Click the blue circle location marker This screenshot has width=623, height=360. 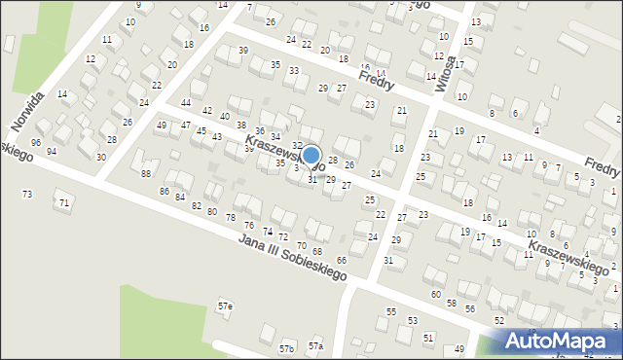(x=311, y=155)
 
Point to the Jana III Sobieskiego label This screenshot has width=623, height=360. (x=293, y=259)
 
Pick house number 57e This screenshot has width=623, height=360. (x=225, y=306)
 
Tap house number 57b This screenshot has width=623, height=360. (x=286, y=348)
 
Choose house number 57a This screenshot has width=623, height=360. (x=315, y=345)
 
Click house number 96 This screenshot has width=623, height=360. (x=36, y=142)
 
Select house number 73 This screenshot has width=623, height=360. (x=27, y=195)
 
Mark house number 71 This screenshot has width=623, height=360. (x=64, y=202)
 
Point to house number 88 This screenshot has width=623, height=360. (x=146, y=173)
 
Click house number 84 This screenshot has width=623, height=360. (x=180, y=198)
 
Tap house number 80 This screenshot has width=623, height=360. (x=211, y=211)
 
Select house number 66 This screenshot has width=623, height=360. (x=342, y=260)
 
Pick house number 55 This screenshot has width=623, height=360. (x=391, y=311)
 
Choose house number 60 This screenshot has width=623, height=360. (x=435, y=294)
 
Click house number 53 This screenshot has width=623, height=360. (x=413, y=320)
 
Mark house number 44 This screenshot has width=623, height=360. (x=186, y=102)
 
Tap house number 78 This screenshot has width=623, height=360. (x=231, y=216)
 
